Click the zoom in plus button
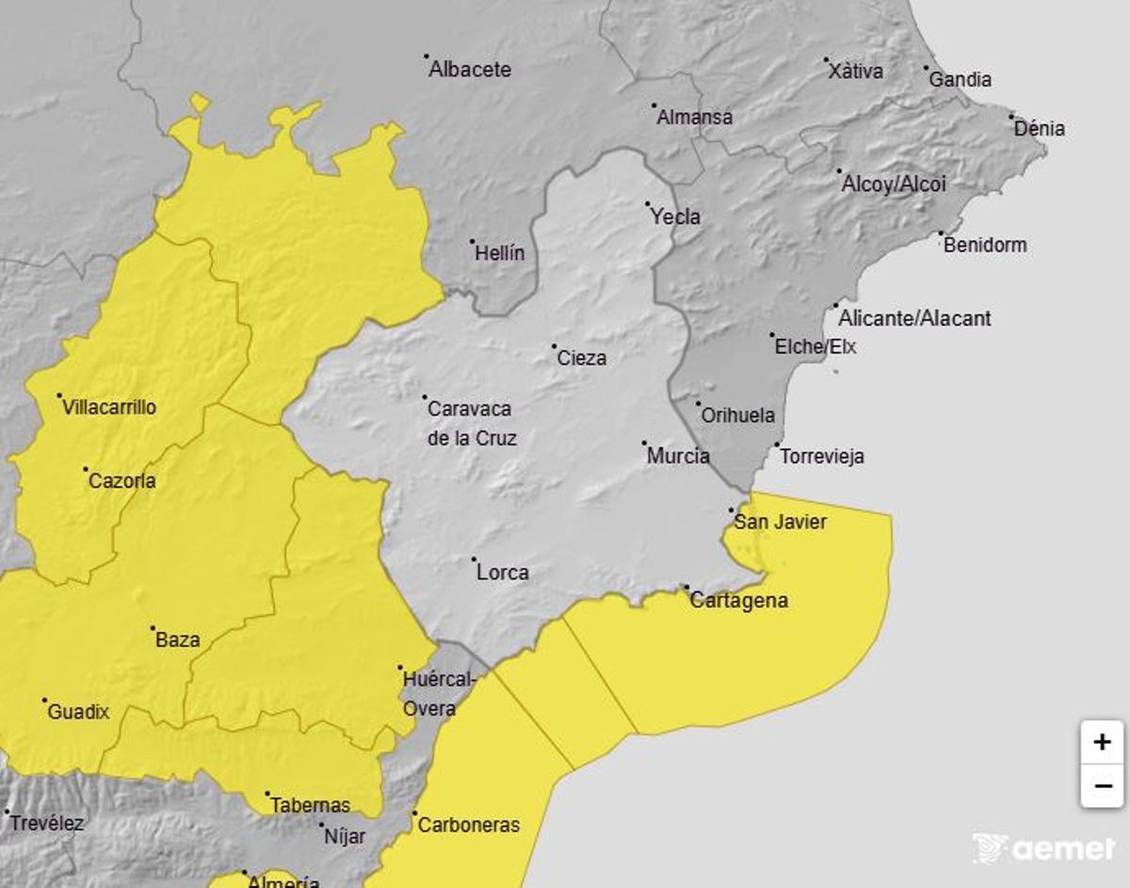coord(1102,742)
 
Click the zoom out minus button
coord(1102,785)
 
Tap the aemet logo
coord(1043,848)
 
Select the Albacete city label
coord(470,70)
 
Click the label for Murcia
coord(678,457)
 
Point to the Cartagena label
coord(738,601)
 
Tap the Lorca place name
coord(502,573)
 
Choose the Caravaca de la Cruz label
coord(470,424)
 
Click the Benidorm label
coord(985,246)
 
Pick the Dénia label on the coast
coord(1040,129)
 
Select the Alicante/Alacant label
coord(914,318)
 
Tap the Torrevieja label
coord(821,457)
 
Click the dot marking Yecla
coord(648,204)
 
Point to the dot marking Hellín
coord(473,241)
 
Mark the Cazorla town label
coord(121,481)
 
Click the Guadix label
coord(77,712)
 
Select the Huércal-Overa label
coord(439,693)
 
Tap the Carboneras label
coord(468,825)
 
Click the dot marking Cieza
coord(555,347)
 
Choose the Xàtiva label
coord(856,71)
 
